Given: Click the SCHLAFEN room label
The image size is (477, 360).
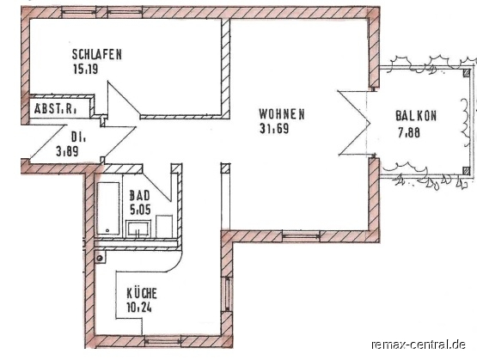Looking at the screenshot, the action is tap(97, 54).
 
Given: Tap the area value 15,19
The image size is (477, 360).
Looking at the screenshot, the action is tap(85, 69).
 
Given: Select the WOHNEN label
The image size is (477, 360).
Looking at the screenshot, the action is tap(282, 114).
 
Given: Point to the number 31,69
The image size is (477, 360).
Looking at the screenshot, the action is tap(274, 128).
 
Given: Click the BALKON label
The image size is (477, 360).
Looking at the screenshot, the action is tap(416, 116).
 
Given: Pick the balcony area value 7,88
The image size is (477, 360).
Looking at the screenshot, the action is tap(409, 132).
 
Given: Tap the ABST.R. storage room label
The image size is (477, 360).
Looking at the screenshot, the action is tap(55, 109).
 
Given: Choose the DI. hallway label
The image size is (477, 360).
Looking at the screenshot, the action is tap(78, 137).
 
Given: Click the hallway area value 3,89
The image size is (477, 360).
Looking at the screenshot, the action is tap(67, 151).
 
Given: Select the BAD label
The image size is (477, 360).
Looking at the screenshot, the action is tap(139, 196).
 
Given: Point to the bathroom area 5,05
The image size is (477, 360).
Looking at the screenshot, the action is tap(140, 210).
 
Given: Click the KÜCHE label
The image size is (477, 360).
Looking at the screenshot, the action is tap(142, 293).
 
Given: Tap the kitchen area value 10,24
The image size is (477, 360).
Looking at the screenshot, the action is tap(139, 308).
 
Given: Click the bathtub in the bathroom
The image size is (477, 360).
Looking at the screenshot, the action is tap(108, 208).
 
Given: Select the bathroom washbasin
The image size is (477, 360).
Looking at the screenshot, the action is tap(138, 229).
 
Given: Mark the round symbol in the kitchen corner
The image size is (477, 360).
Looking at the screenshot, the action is tap(99, 258).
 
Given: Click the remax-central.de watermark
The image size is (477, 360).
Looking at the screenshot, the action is tap(419, 345).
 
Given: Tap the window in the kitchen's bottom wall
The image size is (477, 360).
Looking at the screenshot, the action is tap(162, 342).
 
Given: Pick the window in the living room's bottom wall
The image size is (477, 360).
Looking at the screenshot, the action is tap(301, 236).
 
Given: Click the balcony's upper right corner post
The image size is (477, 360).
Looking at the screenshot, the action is tap(467, 73).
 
